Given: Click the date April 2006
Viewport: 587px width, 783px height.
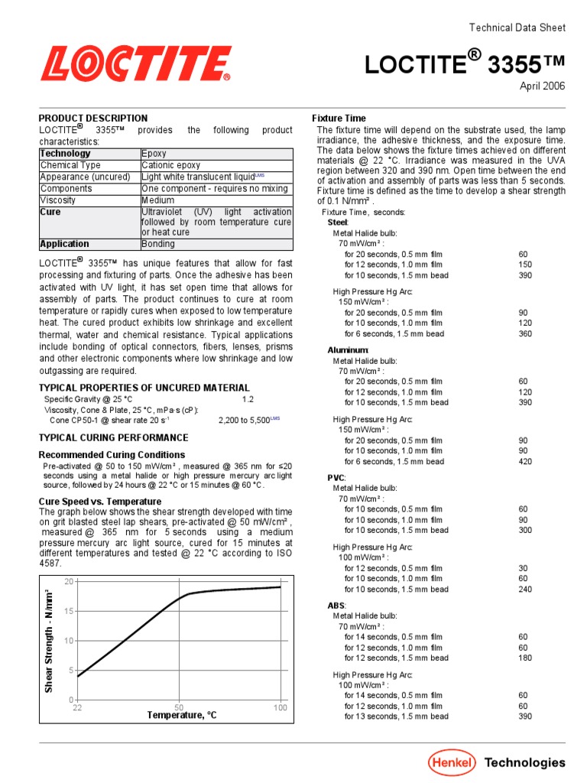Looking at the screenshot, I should pyautogui.click(x=543, y=86).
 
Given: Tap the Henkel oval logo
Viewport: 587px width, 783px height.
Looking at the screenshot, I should pyautogui.click(x=452, y=762).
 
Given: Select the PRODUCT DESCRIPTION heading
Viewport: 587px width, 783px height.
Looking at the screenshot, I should pyautogui.click(x=93, y=119).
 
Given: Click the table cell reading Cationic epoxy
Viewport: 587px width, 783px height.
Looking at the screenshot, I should pyautogui.click(x=171, y=165).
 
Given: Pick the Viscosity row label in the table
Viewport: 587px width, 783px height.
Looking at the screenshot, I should pyautogui.click(x=60, y=200).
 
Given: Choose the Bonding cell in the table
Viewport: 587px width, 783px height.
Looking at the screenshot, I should pyautogui.click(x=158, y=244).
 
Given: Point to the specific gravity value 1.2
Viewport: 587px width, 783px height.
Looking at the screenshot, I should pyautogui.click(x=248, y=399).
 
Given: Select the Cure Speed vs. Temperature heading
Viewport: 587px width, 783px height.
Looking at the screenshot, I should pyautogui.click(x=99, y=502).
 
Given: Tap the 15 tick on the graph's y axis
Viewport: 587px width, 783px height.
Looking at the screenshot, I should pyautogui.click(x=69, y=611).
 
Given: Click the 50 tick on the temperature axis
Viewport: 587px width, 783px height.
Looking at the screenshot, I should pyautogui.click(x=179, y=707).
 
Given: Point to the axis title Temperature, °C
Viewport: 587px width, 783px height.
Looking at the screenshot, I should pyautogui.click(x=182, y=716).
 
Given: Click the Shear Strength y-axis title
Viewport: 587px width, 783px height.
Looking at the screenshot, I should pyautogui.click(x=49, y=641).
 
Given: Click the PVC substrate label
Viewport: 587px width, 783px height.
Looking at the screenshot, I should pyautogui.click(x=336, y=477).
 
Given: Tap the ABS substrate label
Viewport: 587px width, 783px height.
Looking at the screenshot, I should pyautogui.click(x=336, y=605).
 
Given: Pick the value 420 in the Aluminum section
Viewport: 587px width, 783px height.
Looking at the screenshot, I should pyautogui.click(x=525, y=462).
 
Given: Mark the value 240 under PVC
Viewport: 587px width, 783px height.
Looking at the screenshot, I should pyautogui.click(x=525, y=590).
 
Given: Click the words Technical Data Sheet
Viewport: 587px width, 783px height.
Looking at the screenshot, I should pyautogui.click(x=517, y=28).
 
